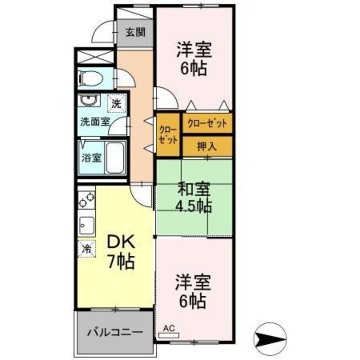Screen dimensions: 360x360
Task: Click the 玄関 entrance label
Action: coord(135,32)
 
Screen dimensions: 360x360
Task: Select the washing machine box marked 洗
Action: coord(117,104)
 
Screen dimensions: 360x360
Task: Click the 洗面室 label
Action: coord(94,121)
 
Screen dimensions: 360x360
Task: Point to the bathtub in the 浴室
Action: coord(115,158)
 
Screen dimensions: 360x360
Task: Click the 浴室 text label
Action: coord(91,158)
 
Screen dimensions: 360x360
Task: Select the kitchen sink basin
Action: coord(86,225)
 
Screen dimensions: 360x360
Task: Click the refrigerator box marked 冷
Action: coord(86,249)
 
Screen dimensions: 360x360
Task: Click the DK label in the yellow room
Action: coord(121,242)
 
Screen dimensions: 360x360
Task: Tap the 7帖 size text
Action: coord(121,262)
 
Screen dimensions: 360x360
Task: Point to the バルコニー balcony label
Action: coord(115,332)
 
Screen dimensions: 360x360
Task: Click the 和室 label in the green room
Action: coord(194,190)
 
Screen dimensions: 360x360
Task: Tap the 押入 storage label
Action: coord(207,146)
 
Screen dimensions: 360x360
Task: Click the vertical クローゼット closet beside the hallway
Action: coord(168,135)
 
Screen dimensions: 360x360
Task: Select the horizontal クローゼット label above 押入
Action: coord(207,123)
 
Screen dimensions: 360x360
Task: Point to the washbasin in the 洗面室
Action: coord(89,100)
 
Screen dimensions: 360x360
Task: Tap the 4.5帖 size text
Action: coord(194,206)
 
